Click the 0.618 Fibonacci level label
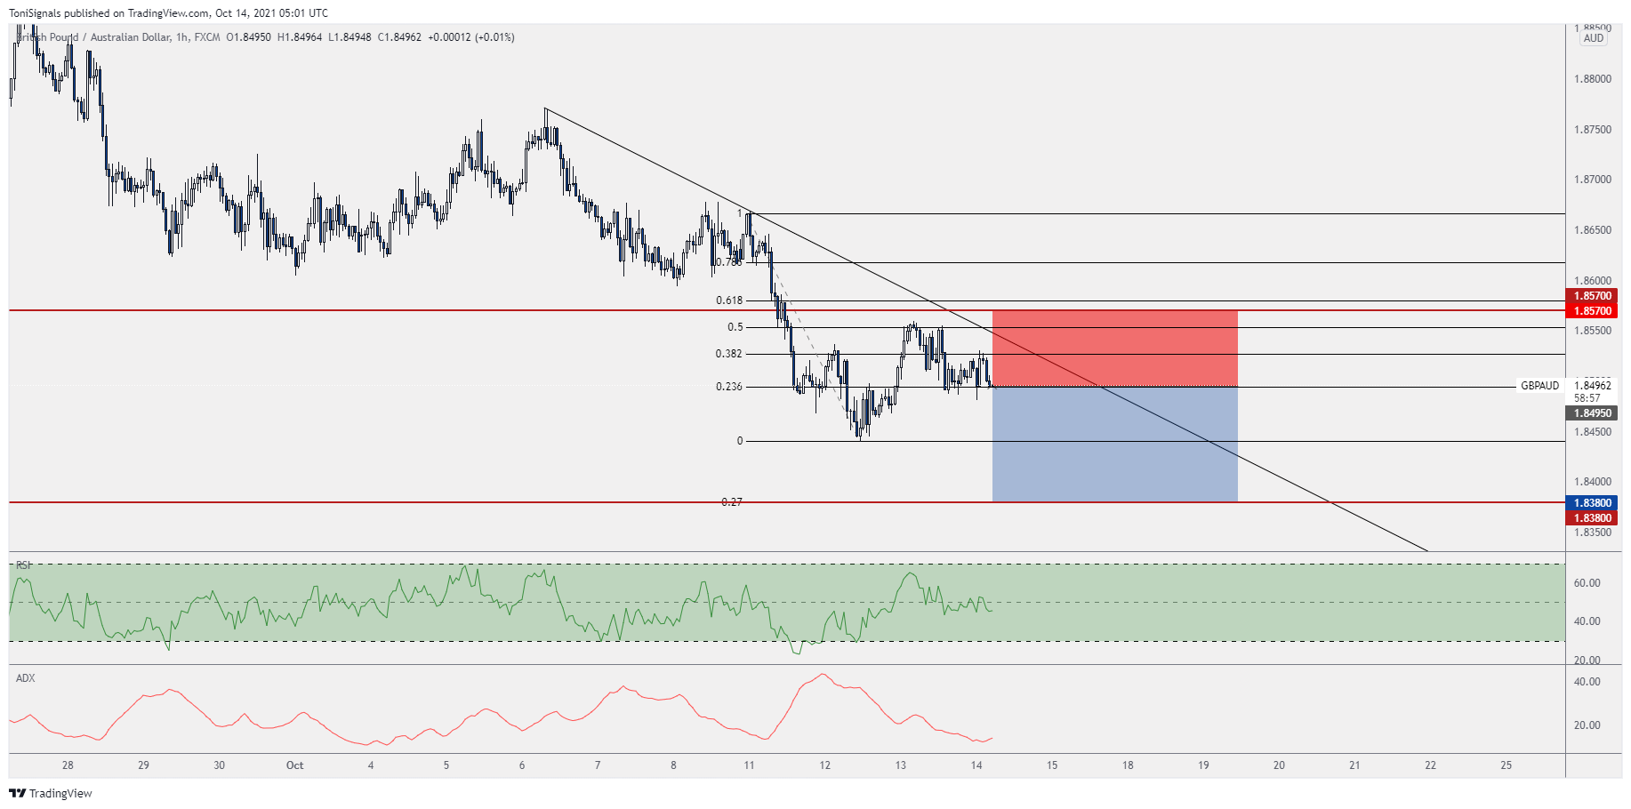(x=729, y=300)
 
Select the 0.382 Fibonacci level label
(x=728, y=354)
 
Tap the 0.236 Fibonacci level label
(x=728, y=387)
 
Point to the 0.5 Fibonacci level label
(x=735, y=327)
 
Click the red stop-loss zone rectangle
(x=1114, y=348)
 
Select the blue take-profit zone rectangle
(x=1114, y=444)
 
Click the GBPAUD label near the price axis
(x=1539, y=386)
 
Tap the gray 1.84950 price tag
(x=1592, y=413)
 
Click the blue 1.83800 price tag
(x=1592, y=503)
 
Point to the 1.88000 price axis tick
(x=1592, y=79)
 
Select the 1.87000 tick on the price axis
(x=1592, y=180)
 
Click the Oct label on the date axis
(x=294, y=765)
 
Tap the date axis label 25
(x=1506, y=765)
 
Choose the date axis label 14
(x=976, y=765)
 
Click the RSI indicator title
(x=23, y=565)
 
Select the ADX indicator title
(x=26, y=678)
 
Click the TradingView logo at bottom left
(x=51, y=793)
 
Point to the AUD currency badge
(x=1593, y=38)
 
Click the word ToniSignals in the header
(x=35, y=13)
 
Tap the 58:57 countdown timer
(x=1587, y=398)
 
